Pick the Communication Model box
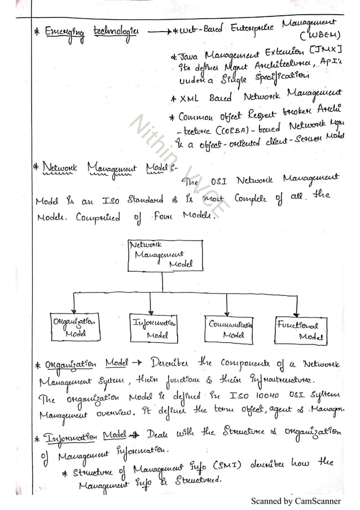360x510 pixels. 229,329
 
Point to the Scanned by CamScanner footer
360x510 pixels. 296,500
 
